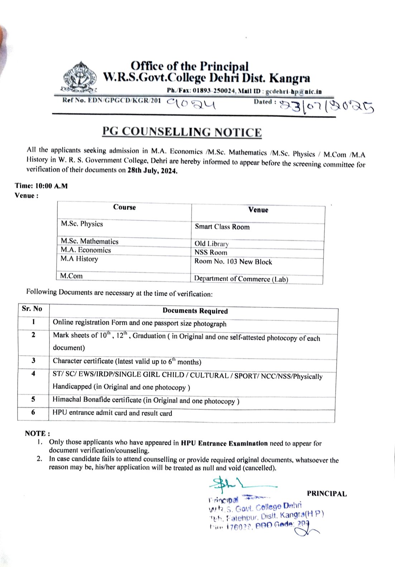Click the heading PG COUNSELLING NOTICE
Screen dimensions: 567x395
[x=182, y=132]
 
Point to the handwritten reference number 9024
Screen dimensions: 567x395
[x=191, y=104]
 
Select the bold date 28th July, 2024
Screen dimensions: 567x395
[x=152, y=170]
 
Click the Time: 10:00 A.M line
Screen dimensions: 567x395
[x=41, y=186]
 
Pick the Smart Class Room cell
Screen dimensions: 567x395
[x=222, y=227]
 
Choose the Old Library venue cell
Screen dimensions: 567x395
[x=211, y=244]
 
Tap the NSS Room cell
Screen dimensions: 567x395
[x=211, y=252]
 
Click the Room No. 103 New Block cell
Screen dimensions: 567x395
[x=233, y=262]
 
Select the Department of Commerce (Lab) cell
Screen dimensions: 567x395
[x=241, y=279]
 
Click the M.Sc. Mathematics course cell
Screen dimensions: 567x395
[x=90, y=241]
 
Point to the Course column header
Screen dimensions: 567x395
[x=124, y=207]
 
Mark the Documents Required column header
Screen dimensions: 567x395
[x=195, y=311]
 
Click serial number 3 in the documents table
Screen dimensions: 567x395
[x=33, y=360]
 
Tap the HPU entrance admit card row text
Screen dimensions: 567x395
[x=112, y=413]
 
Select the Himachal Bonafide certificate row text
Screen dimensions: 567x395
[x=146, y=400]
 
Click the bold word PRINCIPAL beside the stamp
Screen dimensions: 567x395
[x=327, y=494]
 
